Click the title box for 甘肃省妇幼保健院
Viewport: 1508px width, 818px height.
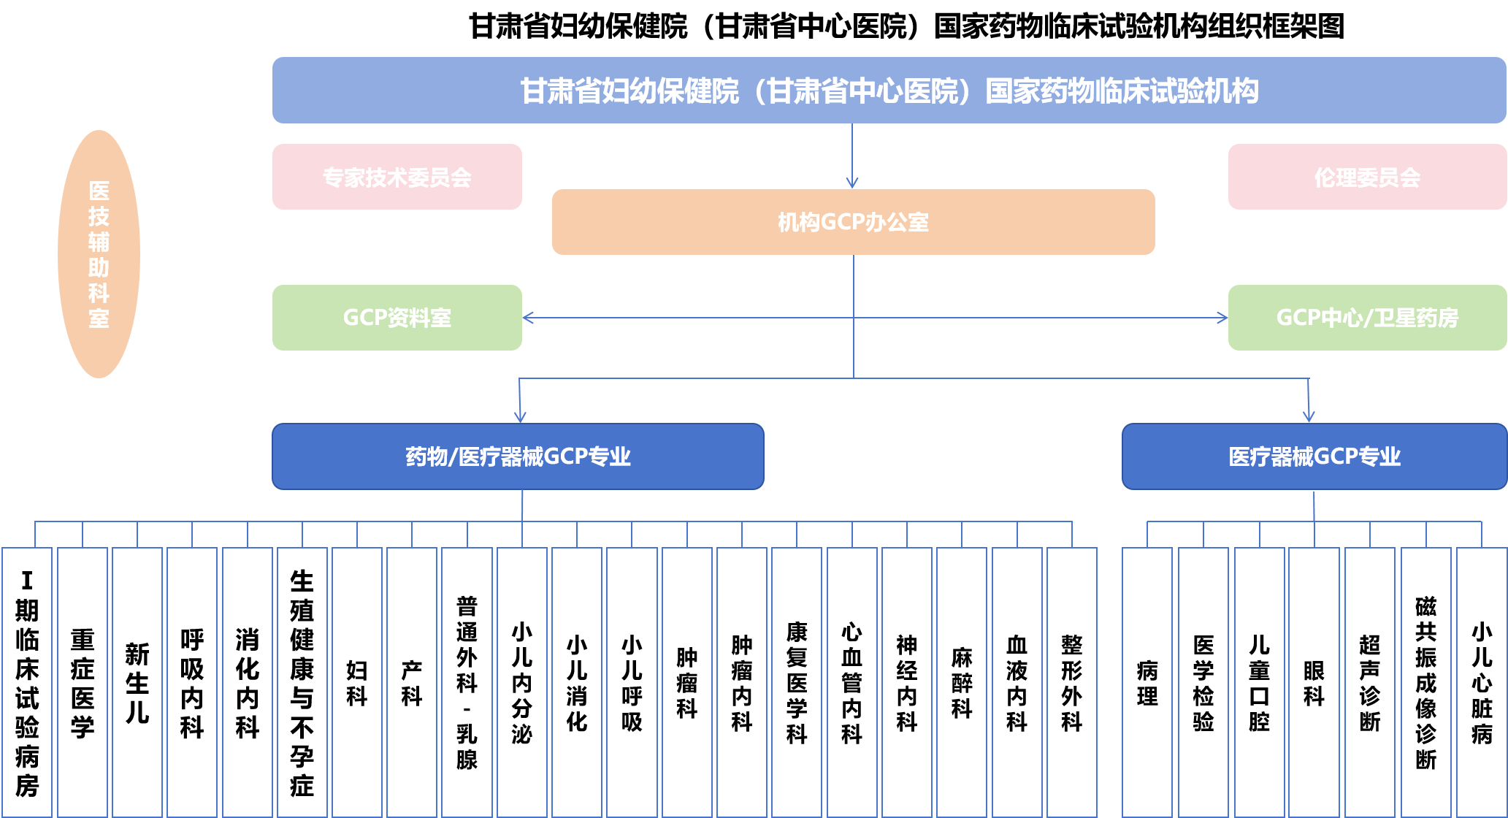(889, 91)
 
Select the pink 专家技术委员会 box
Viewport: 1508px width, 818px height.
(397, 177)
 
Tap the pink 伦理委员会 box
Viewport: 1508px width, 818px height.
(1367, 177)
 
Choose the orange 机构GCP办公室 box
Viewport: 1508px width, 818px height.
(853, 222)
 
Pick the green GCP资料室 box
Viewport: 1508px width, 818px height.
(397, 318)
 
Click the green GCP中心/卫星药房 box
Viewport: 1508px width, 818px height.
(1367, 318)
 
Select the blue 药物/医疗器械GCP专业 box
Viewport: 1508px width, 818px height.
(518, 456)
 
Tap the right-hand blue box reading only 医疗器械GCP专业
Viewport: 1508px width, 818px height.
(1314, 456)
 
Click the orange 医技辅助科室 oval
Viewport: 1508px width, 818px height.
(99, 254)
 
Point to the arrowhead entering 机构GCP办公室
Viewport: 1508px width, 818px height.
(852, 183)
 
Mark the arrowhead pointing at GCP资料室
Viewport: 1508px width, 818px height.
(528, 318)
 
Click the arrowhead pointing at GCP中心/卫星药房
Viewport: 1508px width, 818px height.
(1222, 318)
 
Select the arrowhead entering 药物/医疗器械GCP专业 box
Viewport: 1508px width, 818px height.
(520, 418)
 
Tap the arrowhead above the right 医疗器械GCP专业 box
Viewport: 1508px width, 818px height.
(1309, 417)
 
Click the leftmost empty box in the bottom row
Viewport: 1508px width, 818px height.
(27, 682)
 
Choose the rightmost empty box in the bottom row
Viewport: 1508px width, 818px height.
(1482, 682)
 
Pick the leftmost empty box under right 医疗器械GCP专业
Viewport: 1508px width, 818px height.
(1147, 682)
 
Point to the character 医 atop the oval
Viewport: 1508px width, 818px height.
(99, 191)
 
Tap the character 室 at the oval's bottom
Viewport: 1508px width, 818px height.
(99, 319)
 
